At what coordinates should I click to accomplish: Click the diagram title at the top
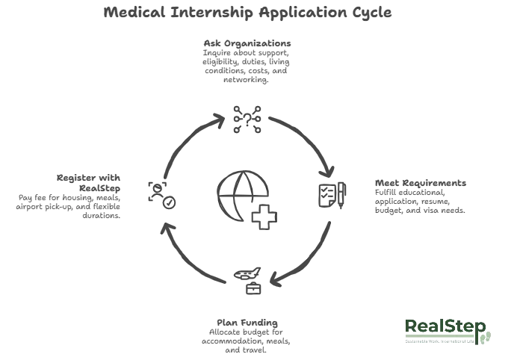(x=247, y=13)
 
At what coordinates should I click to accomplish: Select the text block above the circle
(x=248, y=59)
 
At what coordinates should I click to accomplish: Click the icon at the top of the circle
(x=244, y=119)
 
